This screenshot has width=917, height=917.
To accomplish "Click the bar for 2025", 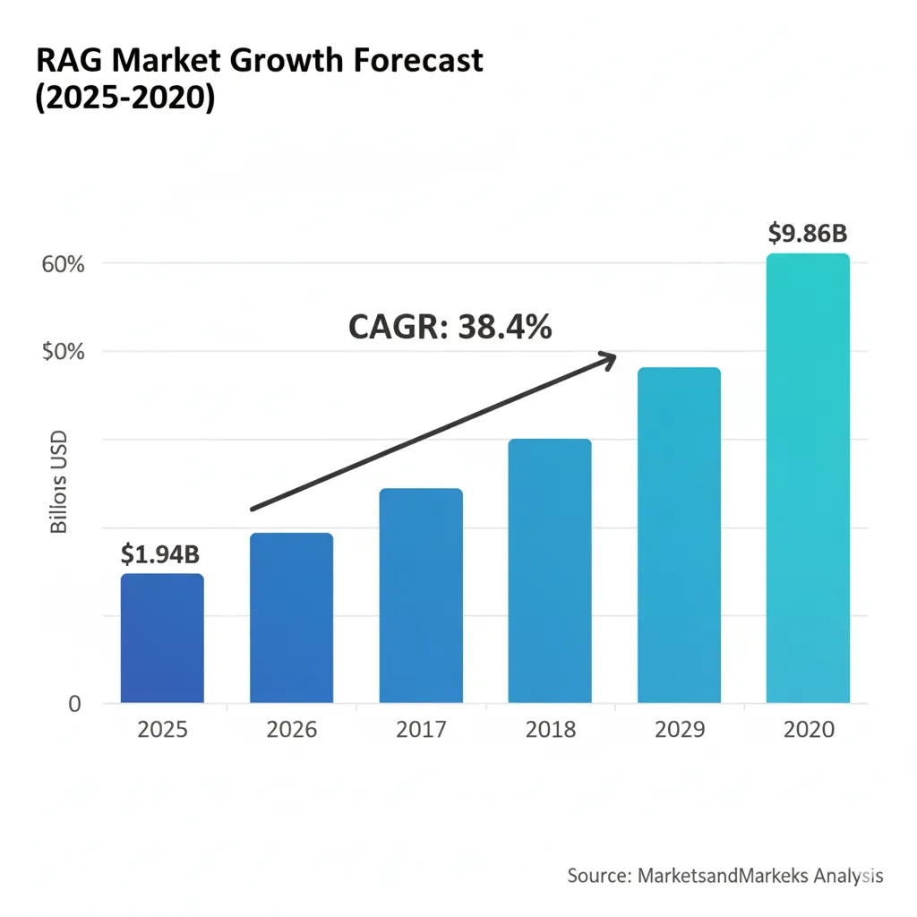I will point(162,638).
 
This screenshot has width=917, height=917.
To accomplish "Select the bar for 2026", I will point(291,618).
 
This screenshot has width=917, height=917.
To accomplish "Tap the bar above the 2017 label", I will point(421,596).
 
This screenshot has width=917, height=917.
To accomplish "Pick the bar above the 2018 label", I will point(550,570).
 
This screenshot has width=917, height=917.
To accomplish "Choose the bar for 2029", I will point(679,535).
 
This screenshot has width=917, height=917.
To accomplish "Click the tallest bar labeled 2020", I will point(808,478).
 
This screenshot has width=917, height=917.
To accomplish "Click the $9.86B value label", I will point(808,233).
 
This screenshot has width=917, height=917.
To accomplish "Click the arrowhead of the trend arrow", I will point(609,358).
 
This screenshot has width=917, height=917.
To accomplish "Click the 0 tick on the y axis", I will point(75,704).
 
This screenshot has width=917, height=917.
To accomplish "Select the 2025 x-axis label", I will point(162,730).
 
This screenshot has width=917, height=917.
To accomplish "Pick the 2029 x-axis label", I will point(679,730).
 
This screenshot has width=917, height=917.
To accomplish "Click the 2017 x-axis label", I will point(421,730).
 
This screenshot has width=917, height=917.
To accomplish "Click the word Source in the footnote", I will point(597,875).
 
